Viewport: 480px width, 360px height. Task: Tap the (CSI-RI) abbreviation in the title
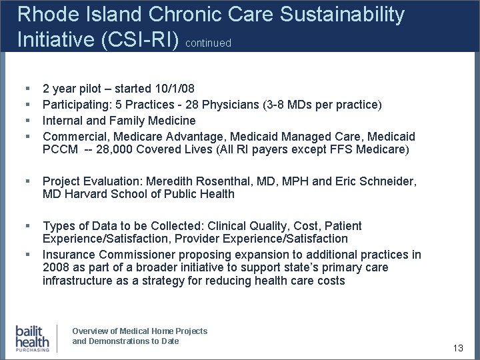[143, 39]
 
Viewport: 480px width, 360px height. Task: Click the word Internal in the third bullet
[64, 121]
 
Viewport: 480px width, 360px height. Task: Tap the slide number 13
[457, 349]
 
